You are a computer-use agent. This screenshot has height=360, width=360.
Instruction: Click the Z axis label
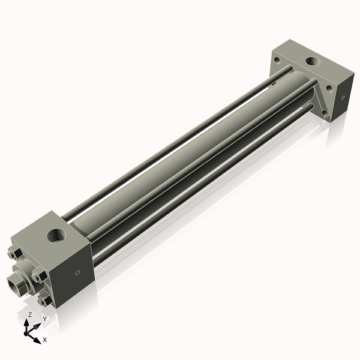coord(30,314)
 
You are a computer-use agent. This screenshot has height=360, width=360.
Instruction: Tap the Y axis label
coord(44,319)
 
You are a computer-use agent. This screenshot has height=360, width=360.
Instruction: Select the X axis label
coord(45,340)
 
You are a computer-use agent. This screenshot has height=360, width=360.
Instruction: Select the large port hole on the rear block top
coord(313,61)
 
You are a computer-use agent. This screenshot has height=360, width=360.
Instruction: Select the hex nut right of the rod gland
coord(40,276)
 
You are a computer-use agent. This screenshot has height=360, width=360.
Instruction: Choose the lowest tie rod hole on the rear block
coord(325,112)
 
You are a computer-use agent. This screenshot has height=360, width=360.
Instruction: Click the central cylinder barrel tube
coord(180,150)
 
